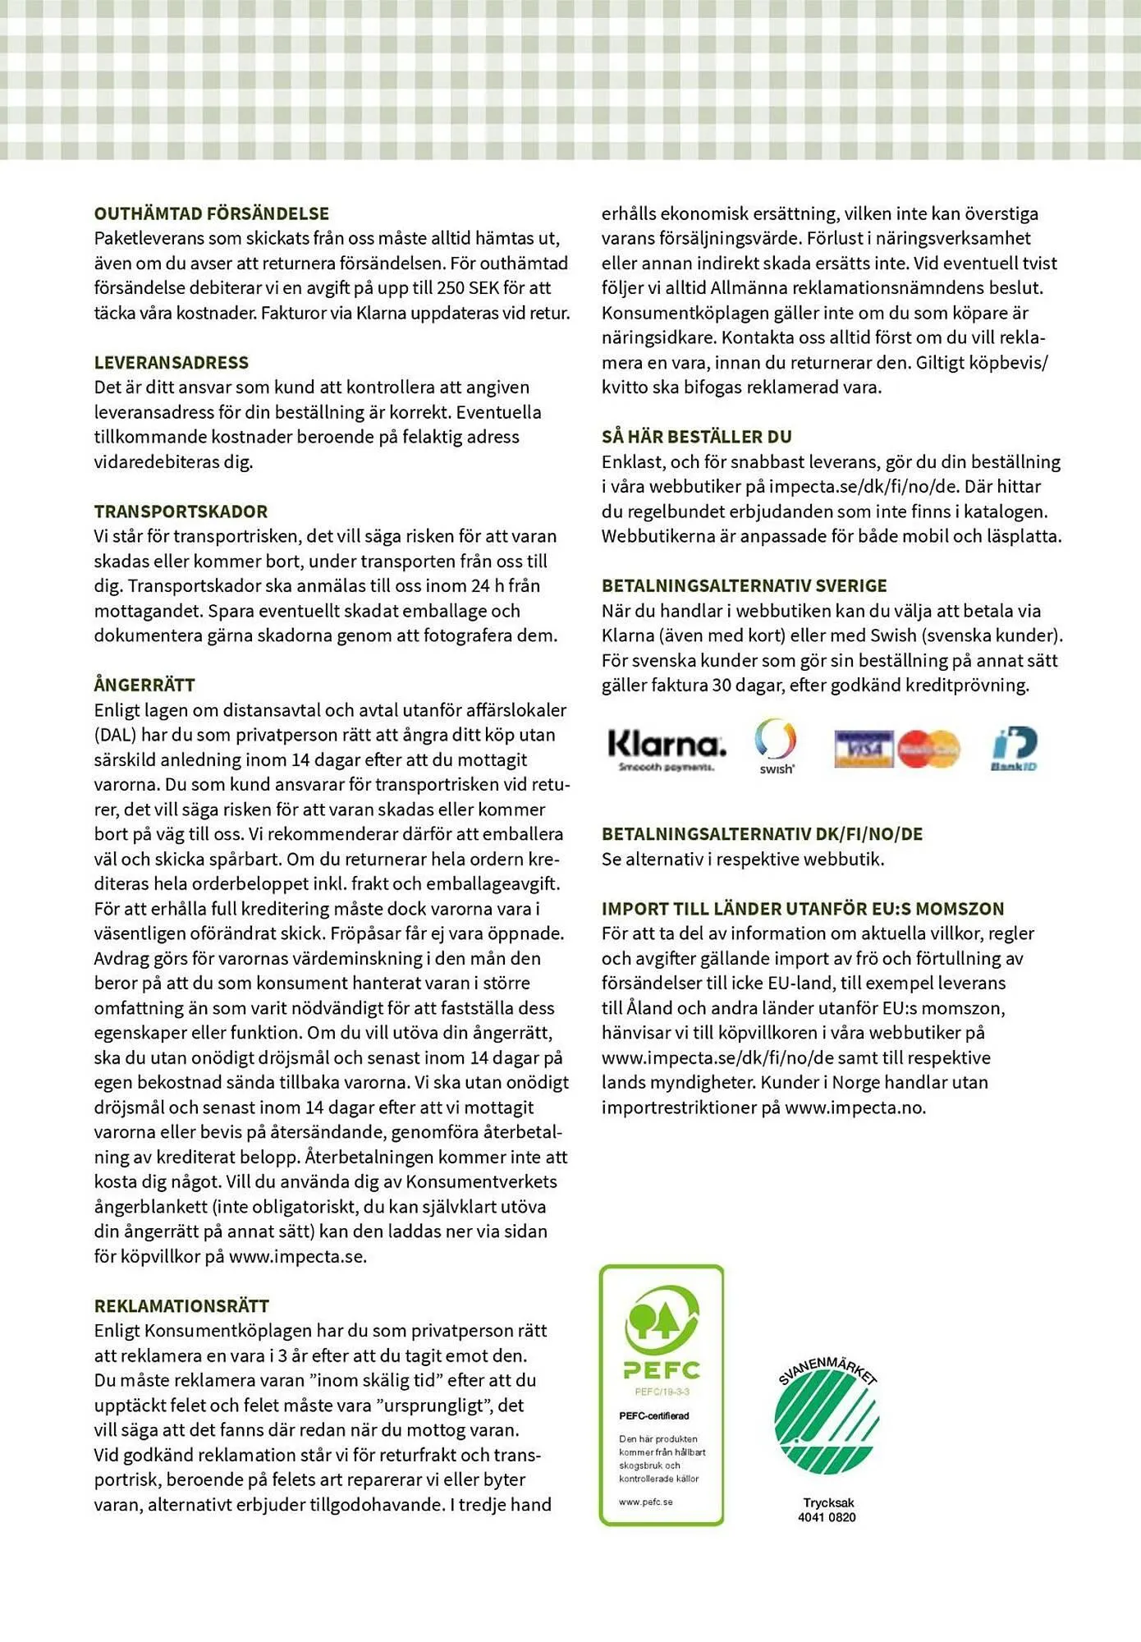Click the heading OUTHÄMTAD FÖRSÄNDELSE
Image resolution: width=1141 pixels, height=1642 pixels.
tap(212, 213)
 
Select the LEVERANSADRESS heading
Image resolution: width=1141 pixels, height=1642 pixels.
tap(171, 362)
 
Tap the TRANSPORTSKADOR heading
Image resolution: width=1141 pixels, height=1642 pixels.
tap(181, 511)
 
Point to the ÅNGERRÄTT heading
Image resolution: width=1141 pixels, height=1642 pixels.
tap(144, 685)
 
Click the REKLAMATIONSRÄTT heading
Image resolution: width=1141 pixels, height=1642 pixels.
tap(181, 1305)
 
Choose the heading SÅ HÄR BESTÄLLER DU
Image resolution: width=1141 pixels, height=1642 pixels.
tap(697, 437)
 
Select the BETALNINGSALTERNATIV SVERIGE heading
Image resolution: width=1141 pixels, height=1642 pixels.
tap(745, 585)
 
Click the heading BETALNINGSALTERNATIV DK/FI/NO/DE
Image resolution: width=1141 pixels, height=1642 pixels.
tap(762, 834)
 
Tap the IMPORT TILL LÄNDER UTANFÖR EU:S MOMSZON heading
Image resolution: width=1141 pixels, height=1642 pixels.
tap(803, 909)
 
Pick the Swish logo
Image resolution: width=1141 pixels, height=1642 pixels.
tap(776, 745)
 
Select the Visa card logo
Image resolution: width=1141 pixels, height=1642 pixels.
tap(864, 749)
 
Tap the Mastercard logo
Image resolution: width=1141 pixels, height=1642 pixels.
tap(929, 749)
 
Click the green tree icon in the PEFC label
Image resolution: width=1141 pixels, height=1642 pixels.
tap(662, 1319)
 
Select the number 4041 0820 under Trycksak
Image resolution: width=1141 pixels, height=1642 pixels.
tap(827, 1517)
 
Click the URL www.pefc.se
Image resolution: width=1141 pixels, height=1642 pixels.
tap(646, 1502)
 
